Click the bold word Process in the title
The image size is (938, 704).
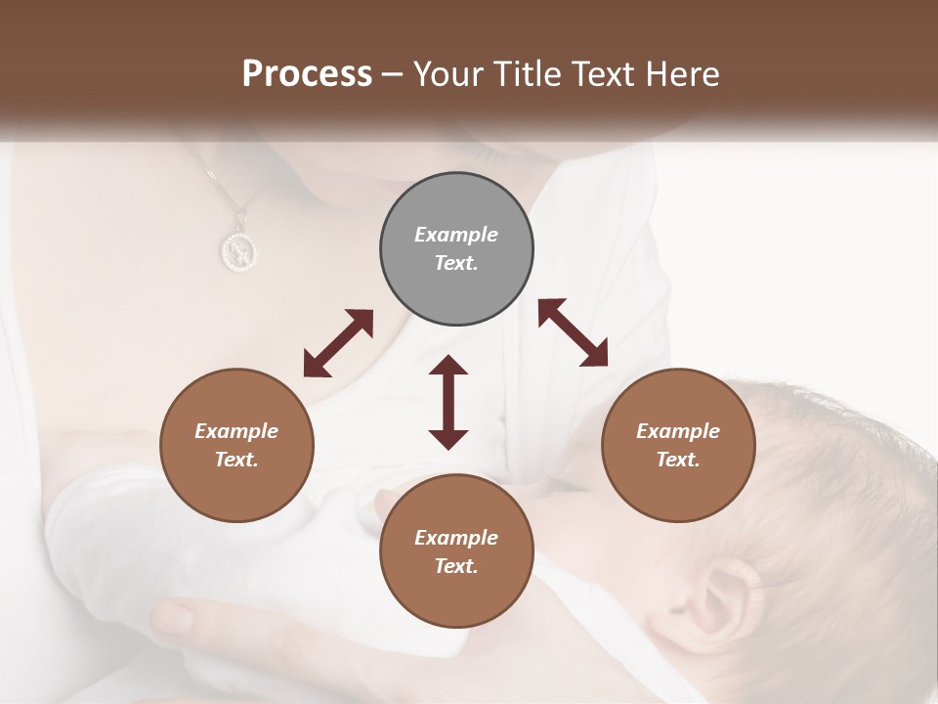coord(307,74)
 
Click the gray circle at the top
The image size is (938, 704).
coord(456,248)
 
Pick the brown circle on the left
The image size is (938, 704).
coord(236,445)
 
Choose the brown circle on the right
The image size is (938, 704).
coord(678,445)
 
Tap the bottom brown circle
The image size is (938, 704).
coord(456,551)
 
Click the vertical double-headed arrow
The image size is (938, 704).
coord(448,403)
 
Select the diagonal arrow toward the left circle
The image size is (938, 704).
coord(338,342)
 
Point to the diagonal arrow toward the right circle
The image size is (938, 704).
coord(574,332)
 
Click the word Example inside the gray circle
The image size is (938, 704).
coord(456,235)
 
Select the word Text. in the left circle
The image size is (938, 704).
coord(236,460)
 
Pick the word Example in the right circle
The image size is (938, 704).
coord(678,431)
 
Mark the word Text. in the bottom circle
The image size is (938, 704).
coord(456,566)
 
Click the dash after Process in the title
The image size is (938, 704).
coord(392,74)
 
